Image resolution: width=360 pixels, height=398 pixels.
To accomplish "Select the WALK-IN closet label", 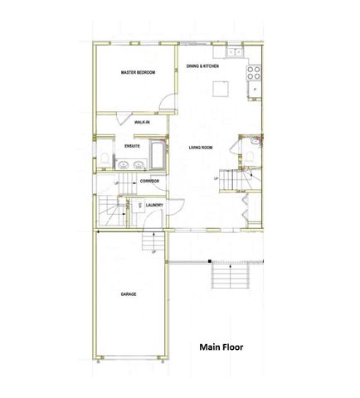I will coord(142,122).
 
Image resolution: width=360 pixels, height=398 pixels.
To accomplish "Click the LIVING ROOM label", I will coord(201,148).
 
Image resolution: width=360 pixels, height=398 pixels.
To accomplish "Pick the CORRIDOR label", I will coord(149,181).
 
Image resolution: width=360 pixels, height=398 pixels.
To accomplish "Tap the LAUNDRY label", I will coord(154,205).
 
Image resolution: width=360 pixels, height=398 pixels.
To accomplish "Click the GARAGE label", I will coord(128,294).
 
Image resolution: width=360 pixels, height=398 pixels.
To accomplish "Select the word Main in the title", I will coord(210,348).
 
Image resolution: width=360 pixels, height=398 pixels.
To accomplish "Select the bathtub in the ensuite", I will coord(159,153).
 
